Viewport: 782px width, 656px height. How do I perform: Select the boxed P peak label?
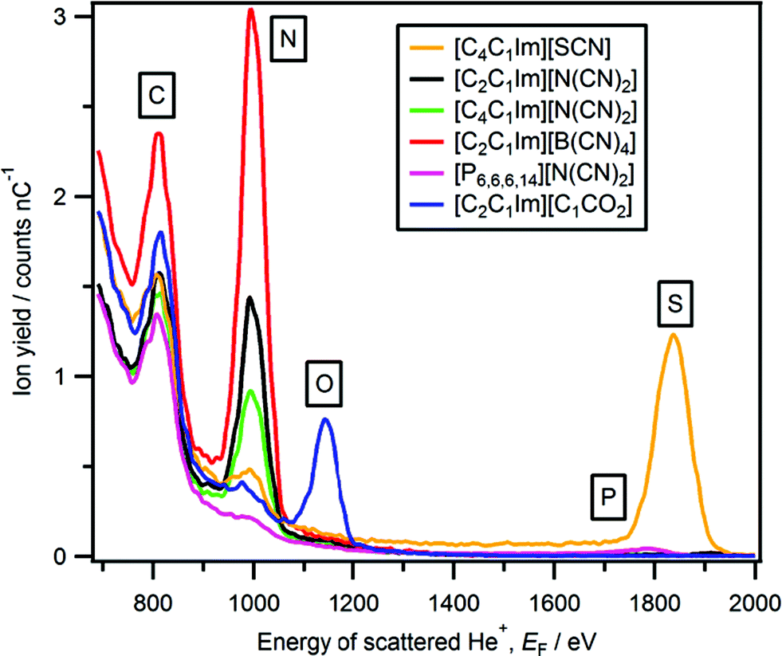(608, 498)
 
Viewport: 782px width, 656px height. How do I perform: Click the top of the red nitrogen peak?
(251, 10)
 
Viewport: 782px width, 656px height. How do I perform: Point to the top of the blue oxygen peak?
(325, 419)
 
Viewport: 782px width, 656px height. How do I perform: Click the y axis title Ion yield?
(23, 283)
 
